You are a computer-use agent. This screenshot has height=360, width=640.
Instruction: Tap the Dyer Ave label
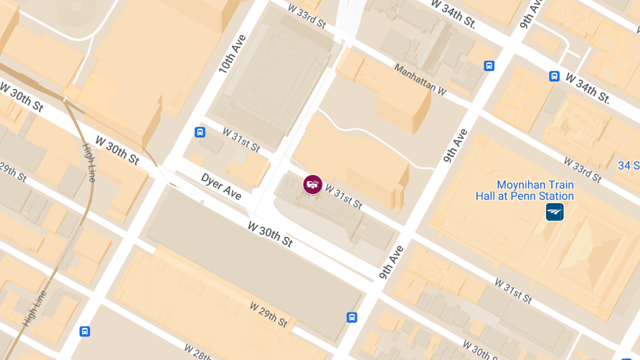[x=221, y=186]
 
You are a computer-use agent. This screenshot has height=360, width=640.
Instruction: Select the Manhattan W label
[x=420, y=80]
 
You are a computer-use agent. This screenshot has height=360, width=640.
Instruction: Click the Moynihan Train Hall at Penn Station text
[x=525, y=190]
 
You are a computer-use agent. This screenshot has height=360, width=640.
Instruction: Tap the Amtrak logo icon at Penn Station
[x=555, y=212]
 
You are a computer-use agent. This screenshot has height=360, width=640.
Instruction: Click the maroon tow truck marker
[x=313, y=185]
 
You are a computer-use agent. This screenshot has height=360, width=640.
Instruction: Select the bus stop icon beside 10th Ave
[x=200, y=132]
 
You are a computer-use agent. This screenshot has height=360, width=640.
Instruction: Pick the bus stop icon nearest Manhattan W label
[x=489, y=66]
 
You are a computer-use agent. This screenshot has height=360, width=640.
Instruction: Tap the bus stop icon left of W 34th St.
[x=555, y=76]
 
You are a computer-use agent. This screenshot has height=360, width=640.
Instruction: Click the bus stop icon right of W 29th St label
[x=352, y=317]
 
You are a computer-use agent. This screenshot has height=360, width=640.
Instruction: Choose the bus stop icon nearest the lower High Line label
[x=84, y=331]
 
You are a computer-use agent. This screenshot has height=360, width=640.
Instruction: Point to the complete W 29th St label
[x=269, y=315]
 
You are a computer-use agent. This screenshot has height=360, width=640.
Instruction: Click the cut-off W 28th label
[x=198, y=351]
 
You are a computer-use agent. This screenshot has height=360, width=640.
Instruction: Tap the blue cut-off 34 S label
[x=629, y=166]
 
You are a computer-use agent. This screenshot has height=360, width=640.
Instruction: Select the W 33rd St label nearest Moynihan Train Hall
[x=583, y=170]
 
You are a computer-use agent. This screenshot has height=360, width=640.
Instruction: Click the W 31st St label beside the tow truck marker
[x=344, y=197]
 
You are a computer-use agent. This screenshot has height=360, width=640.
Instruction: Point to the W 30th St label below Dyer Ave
[x=270, y=234]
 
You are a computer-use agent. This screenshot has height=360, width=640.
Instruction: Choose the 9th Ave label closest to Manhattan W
[x=455, y=145]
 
